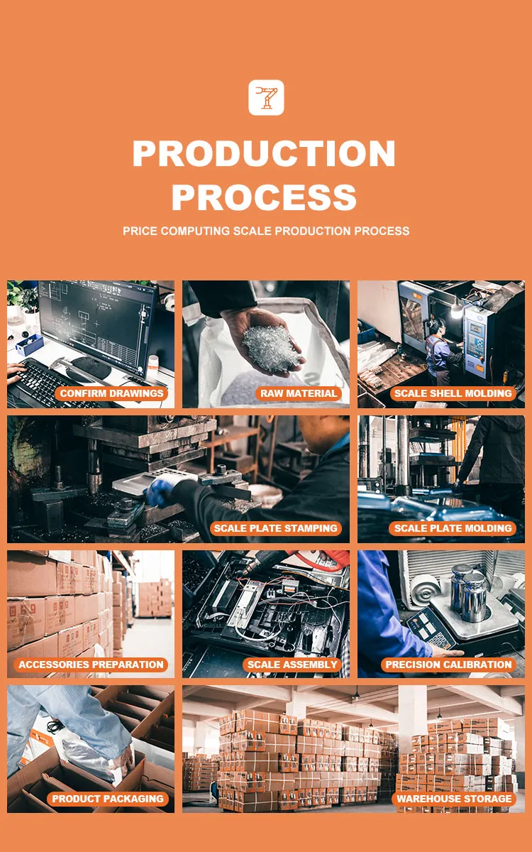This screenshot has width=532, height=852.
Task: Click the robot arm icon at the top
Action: click(266, 97)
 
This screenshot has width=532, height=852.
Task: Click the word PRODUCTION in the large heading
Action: click(264, 153)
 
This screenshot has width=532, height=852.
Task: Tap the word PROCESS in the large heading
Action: click(264, 197)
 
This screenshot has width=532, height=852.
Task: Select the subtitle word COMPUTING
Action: click(194, 231)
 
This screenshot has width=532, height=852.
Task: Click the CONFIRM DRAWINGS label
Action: click(112, 393)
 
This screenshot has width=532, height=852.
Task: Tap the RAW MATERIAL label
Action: click(299, 393)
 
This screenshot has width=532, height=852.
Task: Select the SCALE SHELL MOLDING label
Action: click(453, 393)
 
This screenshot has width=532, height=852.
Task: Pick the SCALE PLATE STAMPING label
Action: click(275, 528)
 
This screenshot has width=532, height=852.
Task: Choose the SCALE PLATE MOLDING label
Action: click(453, 528)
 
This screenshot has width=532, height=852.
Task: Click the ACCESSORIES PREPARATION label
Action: click(91, 665)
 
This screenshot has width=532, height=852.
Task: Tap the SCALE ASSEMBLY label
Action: click(292, 665)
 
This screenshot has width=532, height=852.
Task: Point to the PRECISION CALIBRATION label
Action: click(448, 665)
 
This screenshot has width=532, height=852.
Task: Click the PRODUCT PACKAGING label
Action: click(108, 799)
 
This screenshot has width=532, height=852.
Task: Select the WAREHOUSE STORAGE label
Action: click(454, 799)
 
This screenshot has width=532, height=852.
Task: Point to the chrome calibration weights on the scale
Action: click(469, 591)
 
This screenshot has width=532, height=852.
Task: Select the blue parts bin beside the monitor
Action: click(29, 345)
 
